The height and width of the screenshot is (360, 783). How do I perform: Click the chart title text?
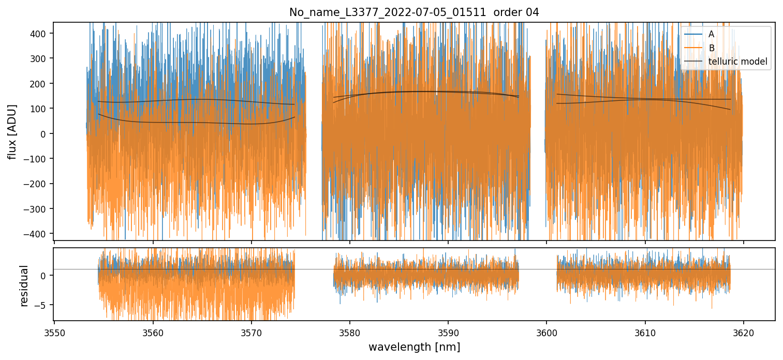pyautogui.click(x=414, y=12)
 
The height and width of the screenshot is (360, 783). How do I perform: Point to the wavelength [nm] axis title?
pyautogui.click(x=414, y=347)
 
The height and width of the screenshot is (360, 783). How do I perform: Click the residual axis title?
pyautogui.click(x=24, y=285)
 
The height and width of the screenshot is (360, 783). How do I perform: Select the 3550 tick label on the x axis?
pyautogui.click(x=54, y=332)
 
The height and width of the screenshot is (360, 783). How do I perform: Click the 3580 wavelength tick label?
pyautogui.click(x=350, y=332)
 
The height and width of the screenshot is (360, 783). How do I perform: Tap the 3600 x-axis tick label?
pyautogui.click(x=546, y=332)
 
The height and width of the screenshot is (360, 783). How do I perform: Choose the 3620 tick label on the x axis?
pyautogui.click(x=744, y=332)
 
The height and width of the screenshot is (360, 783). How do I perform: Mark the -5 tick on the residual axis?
pyautogui.click(x=43, y=305)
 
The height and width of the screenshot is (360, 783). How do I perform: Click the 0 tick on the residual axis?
pyautogui.click(x=46, y=275)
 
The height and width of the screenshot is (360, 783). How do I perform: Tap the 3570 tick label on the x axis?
pyautogui.click(x=251, y=332)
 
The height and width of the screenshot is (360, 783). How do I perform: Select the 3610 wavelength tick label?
pyautogui.click(x=645, y=332)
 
